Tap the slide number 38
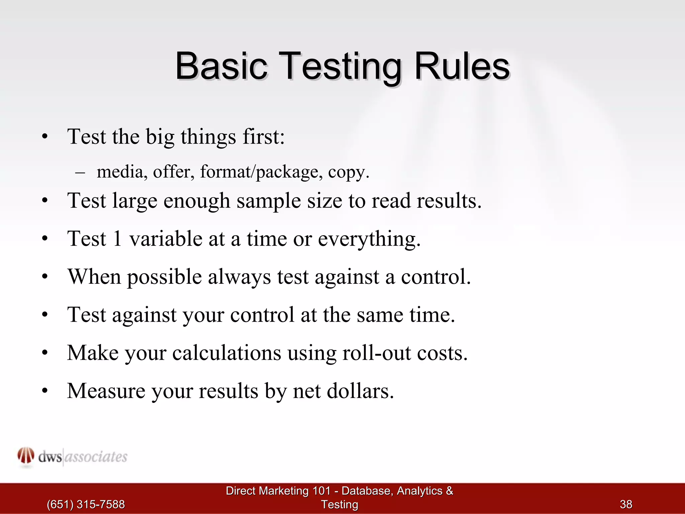(x=626, y=504)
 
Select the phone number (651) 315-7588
(x=86, y=504)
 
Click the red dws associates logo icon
(x=26, y=456)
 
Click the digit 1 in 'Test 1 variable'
(x=117, y=239)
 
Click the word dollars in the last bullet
(x=360, y=391)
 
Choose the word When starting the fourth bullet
(x=94, y=277)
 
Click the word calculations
(x=226, y=353)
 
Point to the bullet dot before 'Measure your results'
(x=45, y=391)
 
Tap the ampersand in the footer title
(x=450, y=491)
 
